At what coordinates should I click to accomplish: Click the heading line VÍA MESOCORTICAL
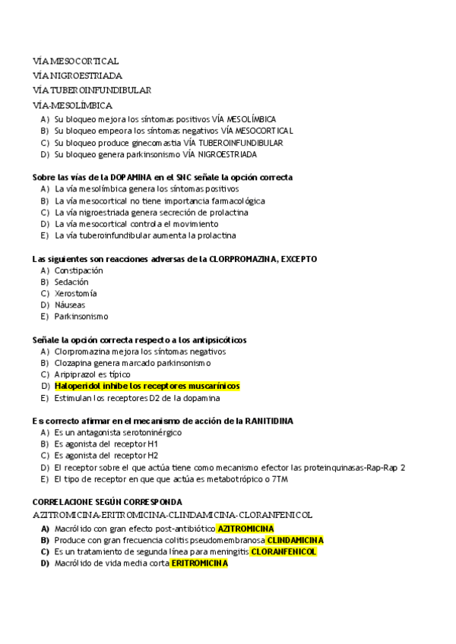[x=75, y=61]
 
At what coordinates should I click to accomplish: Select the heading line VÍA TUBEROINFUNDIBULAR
[x=92, y=90]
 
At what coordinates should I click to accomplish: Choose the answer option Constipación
[x=78, y=270]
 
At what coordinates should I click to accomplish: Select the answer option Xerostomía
[x=75, y=293]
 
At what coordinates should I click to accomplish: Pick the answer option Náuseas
[x=70, y=305]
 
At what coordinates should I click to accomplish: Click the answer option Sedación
[x=71, y=282]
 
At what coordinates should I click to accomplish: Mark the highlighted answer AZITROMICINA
[x=245, y=529]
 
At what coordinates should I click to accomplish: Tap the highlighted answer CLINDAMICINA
[x=295, y=540]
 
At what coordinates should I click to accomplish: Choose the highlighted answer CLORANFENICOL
[x=283, y=552]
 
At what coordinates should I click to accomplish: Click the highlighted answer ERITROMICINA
[x=199, y=563]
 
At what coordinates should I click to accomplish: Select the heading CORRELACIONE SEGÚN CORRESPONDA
[x=107, y=503]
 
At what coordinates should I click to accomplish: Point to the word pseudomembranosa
[x=226, y=540]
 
